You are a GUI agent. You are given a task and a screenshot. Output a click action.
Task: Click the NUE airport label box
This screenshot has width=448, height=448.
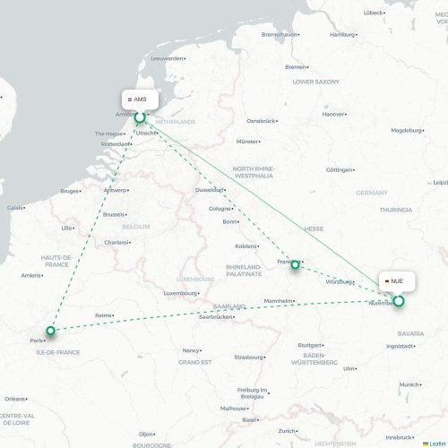click(396, 281)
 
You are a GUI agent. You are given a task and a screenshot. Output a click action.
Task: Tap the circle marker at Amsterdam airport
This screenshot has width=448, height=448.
click(140, 116)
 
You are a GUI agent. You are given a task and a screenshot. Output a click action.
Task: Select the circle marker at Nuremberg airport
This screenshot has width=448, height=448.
click(399, 301)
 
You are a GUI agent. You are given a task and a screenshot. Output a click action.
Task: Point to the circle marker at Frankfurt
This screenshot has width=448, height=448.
click(294, 265)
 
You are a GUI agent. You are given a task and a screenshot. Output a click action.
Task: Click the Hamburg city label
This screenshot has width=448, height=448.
click(342, 35)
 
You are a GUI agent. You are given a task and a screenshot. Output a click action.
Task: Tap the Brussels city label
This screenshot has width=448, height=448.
click(114, 215)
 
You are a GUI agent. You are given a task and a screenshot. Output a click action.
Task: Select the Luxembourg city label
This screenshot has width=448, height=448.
click(179, 293)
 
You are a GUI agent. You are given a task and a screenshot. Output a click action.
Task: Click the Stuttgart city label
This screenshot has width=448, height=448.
click(310, 345)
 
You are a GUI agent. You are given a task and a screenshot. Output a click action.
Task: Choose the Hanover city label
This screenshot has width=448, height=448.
click(333, 115)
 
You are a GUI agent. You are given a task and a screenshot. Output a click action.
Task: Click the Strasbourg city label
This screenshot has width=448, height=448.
click(247, 357)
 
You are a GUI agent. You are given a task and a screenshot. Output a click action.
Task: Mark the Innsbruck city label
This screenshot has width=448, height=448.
click(399, 436)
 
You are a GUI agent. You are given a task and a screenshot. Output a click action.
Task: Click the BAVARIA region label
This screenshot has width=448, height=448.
click(410, 333)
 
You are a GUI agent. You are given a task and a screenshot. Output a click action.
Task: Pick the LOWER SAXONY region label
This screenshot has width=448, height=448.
click(315, 82)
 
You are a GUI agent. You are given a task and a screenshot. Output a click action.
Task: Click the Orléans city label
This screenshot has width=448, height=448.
click(13, 399)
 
